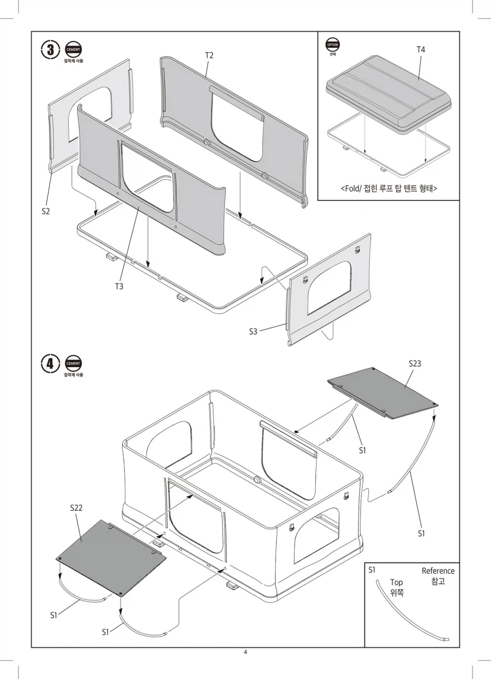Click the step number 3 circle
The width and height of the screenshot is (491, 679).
tap(50, 50)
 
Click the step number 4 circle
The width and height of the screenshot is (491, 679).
tap(50, 363)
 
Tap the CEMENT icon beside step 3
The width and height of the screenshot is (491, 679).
tap(73, 49)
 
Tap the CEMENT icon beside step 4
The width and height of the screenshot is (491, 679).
tap(73, 363)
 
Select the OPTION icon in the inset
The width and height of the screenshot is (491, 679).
tap(332, 45)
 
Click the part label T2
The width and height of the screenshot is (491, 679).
tap(209, 56)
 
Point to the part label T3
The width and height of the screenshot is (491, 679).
tap(119, 286)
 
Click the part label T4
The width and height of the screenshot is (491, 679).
tap(421, 49)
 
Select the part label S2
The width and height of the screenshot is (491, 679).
tap(45, 211)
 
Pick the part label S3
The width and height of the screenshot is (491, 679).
tap(253, 332)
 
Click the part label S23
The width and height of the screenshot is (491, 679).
tap(415, 363)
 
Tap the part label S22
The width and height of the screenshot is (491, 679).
tap(76, 507)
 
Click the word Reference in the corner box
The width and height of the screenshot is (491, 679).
tap(438, 571)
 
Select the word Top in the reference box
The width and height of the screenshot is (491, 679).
tap(397, 583)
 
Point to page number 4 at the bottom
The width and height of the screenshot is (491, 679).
tap(245, 652)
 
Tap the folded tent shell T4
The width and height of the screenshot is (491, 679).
tap(388, 94)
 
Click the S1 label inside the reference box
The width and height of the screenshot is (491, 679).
tap(372, 570)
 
